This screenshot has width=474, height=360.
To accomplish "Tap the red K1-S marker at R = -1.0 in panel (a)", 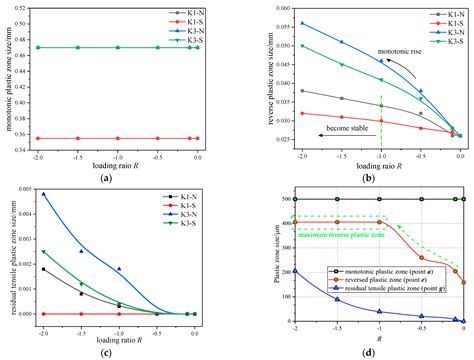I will pyautogui.click(x=118, y=138).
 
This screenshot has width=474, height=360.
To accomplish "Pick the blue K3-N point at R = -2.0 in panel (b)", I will pyautogui.click(x=274, y=23).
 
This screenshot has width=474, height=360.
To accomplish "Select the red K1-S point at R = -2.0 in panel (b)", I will pyautogui.click(x=274, y=113).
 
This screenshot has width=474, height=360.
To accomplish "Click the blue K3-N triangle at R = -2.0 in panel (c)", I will pyautogui.click(x=43, y=194).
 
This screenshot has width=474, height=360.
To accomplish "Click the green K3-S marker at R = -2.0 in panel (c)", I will pyautogui.click(x=43, y=251).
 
